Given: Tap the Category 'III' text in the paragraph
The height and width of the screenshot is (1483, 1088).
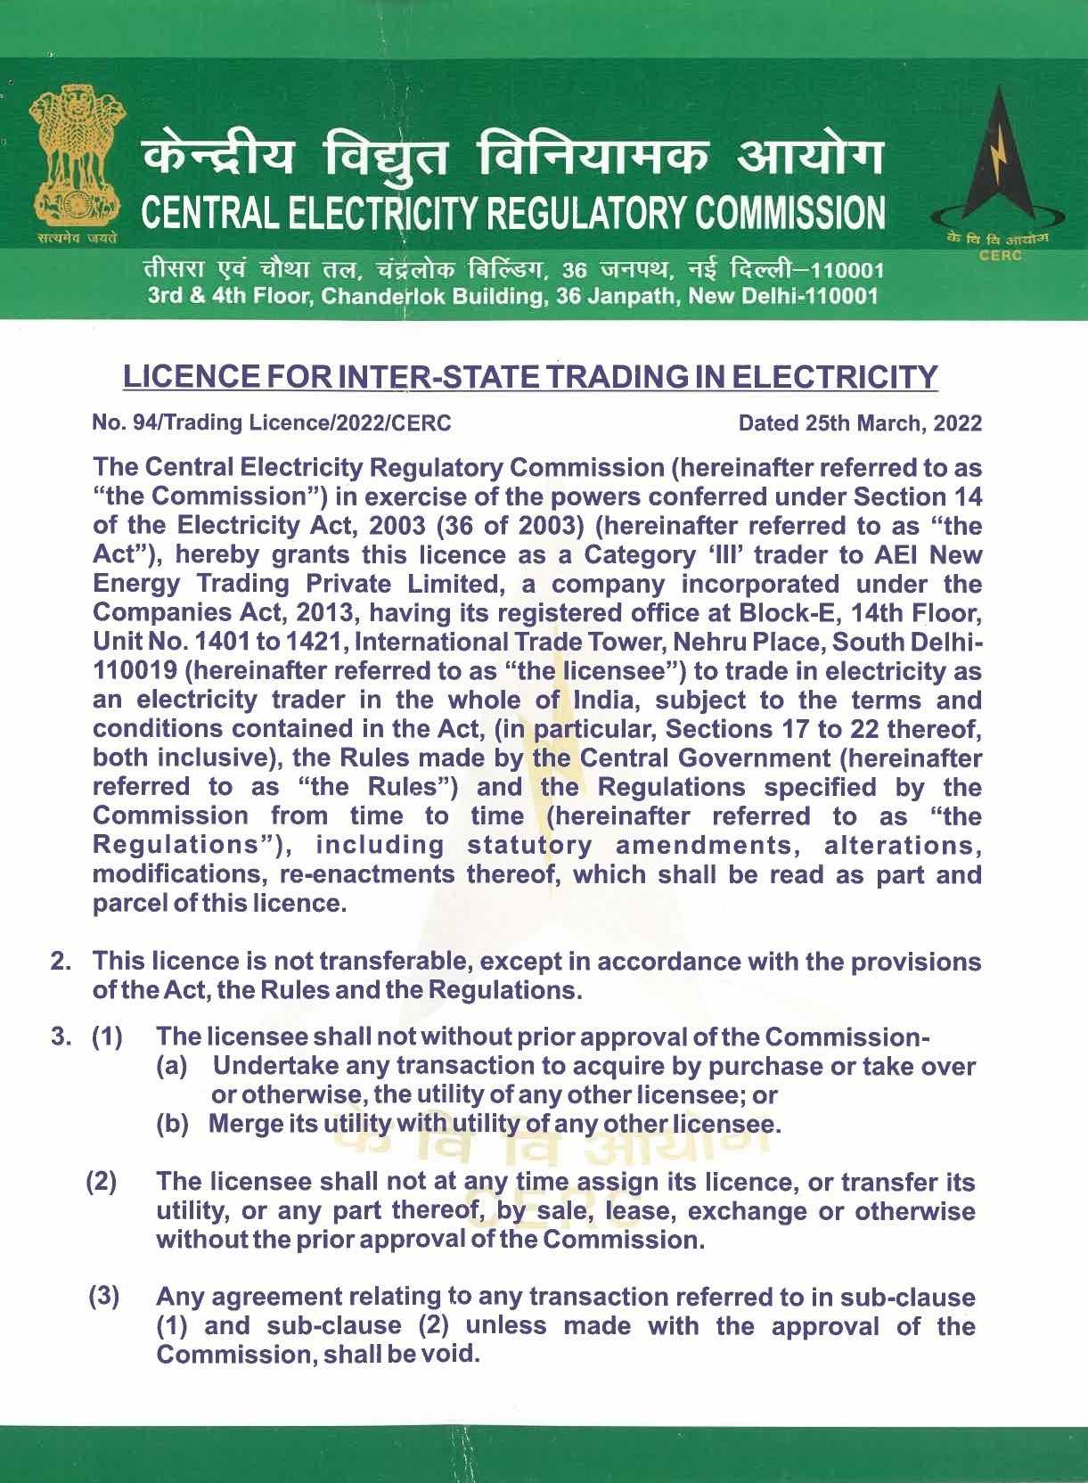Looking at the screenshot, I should [655, 555].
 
